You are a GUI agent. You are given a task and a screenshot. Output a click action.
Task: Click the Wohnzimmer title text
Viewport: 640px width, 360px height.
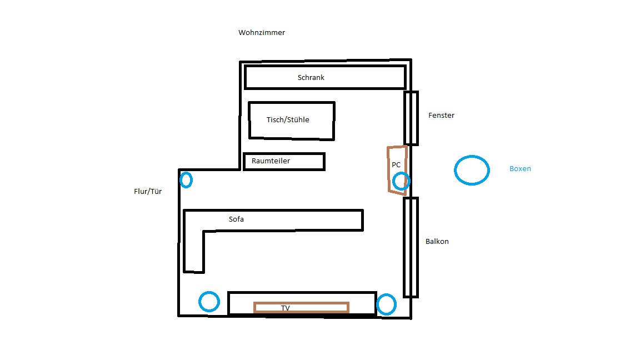(x=262, y=33)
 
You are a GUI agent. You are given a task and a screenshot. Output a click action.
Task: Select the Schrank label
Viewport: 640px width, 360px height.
(x=311, y=78)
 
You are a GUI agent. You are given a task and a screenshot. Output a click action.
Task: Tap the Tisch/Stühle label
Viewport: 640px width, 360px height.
(x=288, y=119)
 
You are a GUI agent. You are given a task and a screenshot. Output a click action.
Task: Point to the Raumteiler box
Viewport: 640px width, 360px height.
(x=284, y=154)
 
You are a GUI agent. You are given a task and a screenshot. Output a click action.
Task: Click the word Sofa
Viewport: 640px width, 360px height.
(x=236, y=219)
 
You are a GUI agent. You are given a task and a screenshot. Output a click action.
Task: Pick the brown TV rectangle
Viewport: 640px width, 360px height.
(x=301, y=303)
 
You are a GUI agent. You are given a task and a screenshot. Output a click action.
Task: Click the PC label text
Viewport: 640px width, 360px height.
(x=396, y=165)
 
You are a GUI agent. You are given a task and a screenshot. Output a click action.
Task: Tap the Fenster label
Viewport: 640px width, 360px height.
(x=441, y=116)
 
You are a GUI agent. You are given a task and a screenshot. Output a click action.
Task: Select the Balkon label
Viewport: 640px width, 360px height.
(x=437, y=242)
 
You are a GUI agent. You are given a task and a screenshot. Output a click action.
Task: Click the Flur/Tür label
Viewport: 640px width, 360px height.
(x=148, y=192)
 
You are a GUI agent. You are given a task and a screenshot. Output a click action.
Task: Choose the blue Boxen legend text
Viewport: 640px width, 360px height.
(x=520, y=168)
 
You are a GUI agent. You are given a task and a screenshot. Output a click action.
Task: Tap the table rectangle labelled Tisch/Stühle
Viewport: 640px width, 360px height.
(x=292, y=103)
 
